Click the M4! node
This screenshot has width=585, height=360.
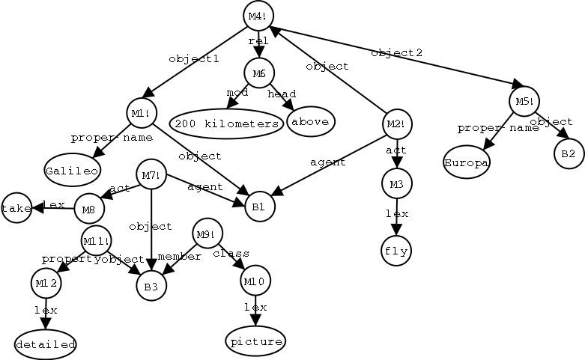pos(258,16)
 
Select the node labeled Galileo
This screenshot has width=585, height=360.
pos(72,170)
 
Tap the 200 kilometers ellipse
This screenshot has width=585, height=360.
pos(225,123)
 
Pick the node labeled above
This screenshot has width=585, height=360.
pos(311,121)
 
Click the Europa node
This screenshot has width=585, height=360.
pos(466,162)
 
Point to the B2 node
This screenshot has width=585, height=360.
pos(568,153)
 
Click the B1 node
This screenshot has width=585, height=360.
pos(259,206)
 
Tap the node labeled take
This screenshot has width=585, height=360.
pos(16,209)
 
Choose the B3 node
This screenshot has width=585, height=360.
pos(151,285)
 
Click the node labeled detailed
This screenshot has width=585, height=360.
pos(46,344)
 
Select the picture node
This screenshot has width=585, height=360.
pos(255,341)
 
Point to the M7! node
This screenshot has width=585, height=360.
pos(151,176)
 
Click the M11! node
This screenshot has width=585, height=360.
pos(96,242)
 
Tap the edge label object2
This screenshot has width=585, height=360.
pos(397,52)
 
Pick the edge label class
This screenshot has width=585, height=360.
pos(231,253)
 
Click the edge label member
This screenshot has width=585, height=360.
pos(180,257)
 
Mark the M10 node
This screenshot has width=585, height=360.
pos(255,282)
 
